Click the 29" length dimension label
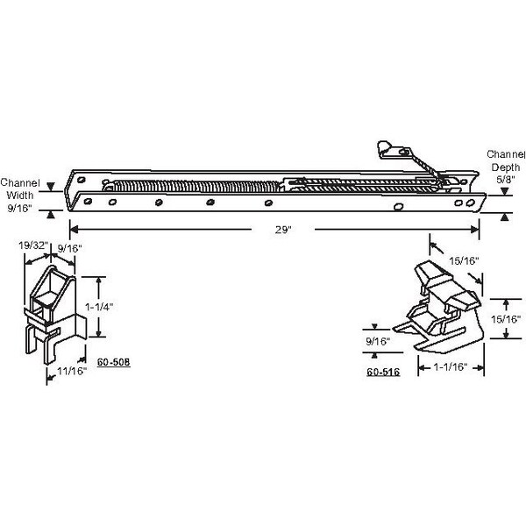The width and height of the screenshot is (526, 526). (283, 230)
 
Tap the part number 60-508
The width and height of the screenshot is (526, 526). (113, 362)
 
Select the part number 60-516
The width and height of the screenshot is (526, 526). (383, 372)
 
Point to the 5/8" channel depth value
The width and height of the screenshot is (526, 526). (505, 179)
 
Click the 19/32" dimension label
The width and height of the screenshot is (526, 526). (33, 245)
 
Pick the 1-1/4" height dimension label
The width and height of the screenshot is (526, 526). (99, 307)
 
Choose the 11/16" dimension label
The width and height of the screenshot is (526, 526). (72, 371)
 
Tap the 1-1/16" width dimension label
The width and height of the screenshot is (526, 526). (451, 366)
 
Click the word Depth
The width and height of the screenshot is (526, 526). (506, 167)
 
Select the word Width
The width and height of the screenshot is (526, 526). (20, 195)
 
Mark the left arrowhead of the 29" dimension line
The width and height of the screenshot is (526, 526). (74, 230)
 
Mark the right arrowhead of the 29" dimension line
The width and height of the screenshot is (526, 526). (475, 230)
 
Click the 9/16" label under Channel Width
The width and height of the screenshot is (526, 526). (19, 208)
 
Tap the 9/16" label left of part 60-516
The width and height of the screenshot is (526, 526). (378, 341)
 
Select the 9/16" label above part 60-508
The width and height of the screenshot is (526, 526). (70, 249)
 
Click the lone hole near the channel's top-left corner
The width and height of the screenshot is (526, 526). (82, 180)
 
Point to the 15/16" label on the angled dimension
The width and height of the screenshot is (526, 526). (464, 260)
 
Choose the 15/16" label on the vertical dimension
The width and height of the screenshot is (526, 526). (506, 319)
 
